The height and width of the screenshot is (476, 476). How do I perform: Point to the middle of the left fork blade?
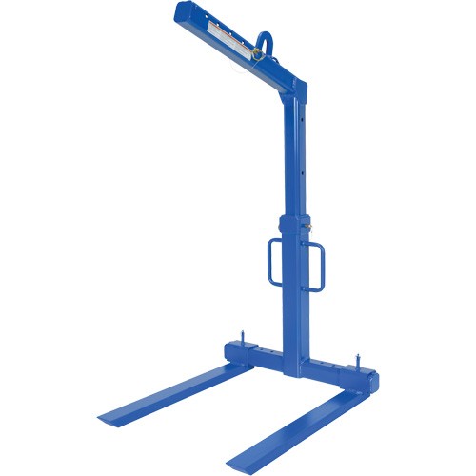[x=171, y=387]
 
